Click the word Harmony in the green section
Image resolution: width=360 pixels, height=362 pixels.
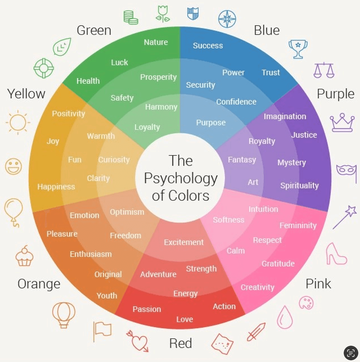pos(161,107)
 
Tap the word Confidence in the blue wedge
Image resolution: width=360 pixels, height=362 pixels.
pos(236,102)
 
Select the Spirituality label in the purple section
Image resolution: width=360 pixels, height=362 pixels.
pos(299,185)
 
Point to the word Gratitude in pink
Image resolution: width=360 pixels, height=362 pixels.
pos(278,264)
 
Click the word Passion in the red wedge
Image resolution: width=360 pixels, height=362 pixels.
pos(147,309)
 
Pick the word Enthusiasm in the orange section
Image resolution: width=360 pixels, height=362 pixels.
pos(91,254)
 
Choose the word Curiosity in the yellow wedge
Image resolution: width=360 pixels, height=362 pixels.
pos(114,160)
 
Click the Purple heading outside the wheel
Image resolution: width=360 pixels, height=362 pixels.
pos(336,94)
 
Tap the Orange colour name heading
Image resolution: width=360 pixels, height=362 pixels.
pos(39,284)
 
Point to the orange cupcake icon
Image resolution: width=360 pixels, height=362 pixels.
pos(24,256)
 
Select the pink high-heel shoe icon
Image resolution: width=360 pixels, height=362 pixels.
pos(335,254)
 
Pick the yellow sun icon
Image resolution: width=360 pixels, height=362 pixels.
pos(18,123)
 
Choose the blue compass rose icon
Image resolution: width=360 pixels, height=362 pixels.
pos(227,19)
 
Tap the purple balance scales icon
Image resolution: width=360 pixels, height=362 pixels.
pos(324,70)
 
